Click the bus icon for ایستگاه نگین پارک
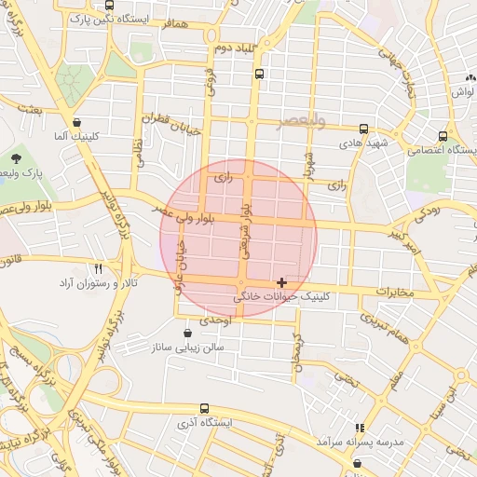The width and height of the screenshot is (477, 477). pyautogui.click(x=110, y=5)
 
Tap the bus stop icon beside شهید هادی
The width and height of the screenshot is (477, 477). pyautogui.click(x=363, y=129)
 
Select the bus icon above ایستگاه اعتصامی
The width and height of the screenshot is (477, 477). pyautogui.click(x=443, y=136)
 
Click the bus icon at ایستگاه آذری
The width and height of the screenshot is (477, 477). pyautogui.click(x=204, y=408)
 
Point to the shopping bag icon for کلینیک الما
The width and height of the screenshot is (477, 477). pyautogui.click(x=76, y=122)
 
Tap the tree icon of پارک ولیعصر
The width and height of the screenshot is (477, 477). pyautogui.click(x=17, y=157)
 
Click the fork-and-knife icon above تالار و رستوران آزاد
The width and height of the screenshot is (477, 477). pyautogui.click(x=112, y=268)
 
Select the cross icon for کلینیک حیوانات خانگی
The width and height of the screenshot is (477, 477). pyautogui.click(x=281, y=281)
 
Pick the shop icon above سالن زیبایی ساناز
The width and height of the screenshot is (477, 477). pyautogui.click(x=189, y=332)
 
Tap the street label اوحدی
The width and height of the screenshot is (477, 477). pyautogui.click(x=215, y=320)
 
